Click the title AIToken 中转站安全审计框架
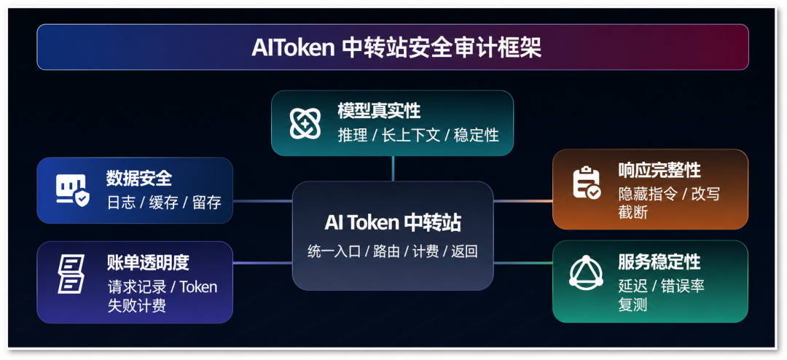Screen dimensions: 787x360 396,48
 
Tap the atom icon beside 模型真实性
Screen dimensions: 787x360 305,123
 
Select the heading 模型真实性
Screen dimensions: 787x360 379,111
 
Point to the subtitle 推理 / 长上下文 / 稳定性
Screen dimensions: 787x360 418,135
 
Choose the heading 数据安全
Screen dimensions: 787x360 139,178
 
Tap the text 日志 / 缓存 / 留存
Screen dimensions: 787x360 164,203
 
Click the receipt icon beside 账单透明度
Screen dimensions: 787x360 71,273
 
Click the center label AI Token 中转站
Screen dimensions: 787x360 393,222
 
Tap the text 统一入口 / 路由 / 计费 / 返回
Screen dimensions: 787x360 393,251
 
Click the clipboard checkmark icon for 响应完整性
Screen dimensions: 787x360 586,183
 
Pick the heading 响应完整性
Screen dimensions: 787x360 659,171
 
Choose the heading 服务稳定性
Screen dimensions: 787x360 659,262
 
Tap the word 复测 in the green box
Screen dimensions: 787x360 633,305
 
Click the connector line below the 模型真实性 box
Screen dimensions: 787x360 393,168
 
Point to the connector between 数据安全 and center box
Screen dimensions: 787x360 262,201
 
